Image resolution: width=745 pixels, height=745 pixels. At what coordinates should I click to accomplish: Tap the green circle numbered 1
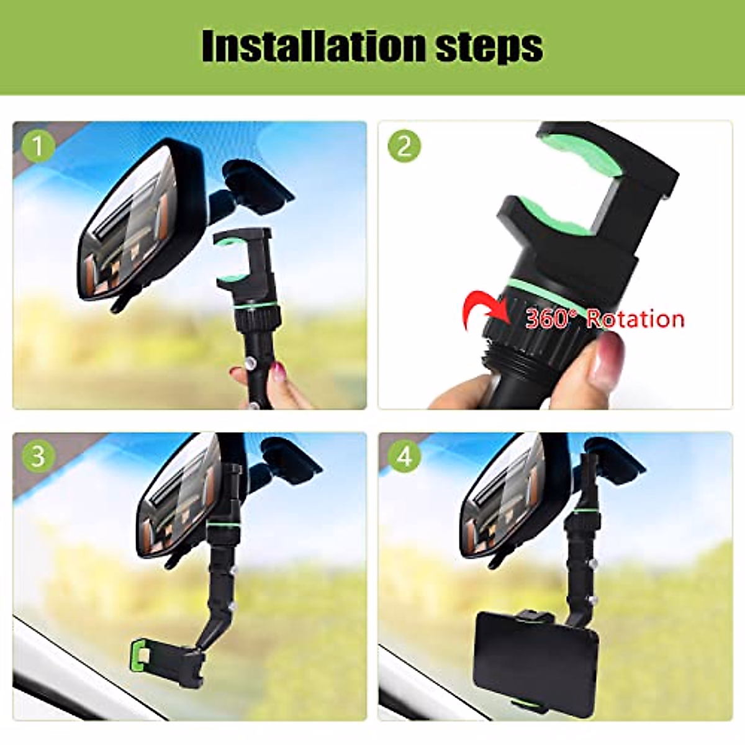(x=38, y=147)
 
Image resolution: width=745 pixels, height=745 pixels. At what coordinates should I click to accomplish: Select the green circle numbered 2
(x=404, y=147)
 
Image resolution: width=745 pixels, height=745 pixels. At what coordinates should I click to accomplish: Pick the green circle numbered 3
(x=38, y=456)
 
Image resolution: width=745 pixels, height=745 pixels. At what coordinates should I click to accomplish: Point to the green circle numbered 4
(x=404, y=456)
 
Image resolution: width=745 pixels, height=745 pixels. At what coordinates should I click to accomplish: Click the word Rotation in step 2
(x=635, y=318)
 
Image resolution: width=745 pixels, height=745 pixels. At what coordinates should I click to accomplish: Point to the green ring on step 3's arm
(x=218, y=526)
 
